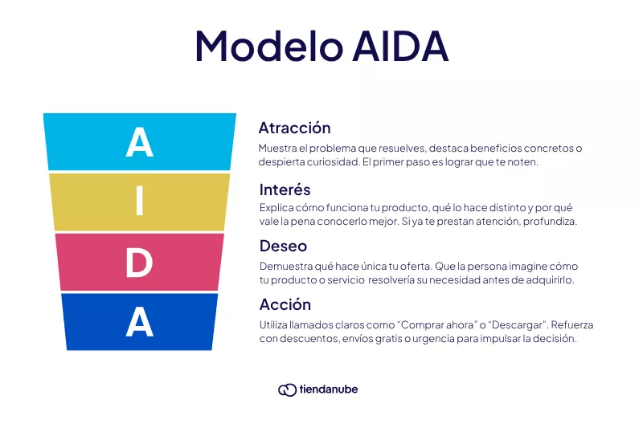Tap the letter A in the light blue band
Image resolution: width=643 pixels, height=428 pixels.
click(x=139, y=142)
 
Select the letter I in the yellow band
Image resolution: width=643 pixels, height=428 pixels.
click(x=139, y=202)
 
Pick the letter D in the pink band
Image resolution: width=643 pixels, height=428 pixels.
click(x=139, y=263)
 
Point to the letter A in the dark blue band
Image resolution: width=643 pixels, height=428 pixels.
click(x=139, y=322)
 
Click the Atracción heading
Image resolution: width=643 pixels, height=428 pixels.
click(x=294, y=128)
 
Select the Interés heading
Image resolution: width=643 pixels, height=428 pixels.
click(x=285, y=190)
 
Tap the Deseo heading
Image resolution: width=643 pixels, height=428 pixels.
click(x=283, y=246)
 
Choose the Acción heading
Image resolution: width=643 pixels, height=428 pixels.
click(x=285, y=304)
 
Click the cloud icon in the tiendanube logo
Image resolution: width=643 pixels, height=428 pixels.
click(x=287, y=389)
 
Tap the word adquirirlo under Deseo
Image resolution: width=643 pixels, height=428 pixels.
click(x=549, y=279)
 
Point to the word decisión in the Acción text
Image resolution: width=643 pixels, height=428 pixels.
click(x=555, y=339)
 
